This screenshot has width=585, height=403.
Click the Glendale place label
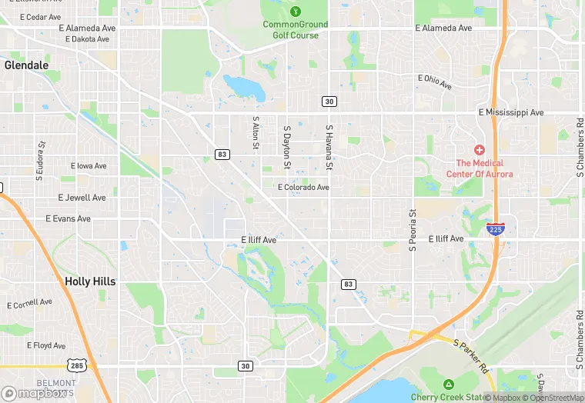pos(26,65)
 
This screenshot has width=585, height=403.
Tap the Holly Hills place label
pos(90,281)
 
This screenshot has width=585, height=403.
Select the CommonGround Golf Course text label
pos(296,29)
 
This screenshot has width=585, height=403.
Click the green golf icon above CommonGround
pos(296,11)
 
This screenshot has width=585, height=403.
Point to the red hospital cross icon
pos(479,149)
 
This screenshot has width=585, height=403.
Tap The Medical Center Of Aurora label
pos(480,168)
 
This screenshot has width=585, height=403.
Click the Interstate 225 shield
pos(496,228)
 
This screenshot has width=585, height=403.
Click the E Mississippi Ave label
pos(510,112)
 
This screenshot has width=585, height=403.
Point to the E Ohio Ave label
pos(435,81)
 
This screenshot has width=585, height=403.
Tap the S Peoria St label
pos(413,230)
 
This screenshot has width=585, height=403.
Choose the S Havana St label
pos(329,148)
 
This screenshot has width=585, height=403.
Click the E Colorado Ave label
pos(303,187)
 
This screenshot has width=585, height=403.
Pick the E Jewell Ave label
pos(82,198)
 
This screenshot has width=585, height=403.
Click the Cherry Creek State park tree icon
pos(448,384)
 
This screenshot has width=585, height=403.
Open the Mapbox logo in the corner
pos(35,392)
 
